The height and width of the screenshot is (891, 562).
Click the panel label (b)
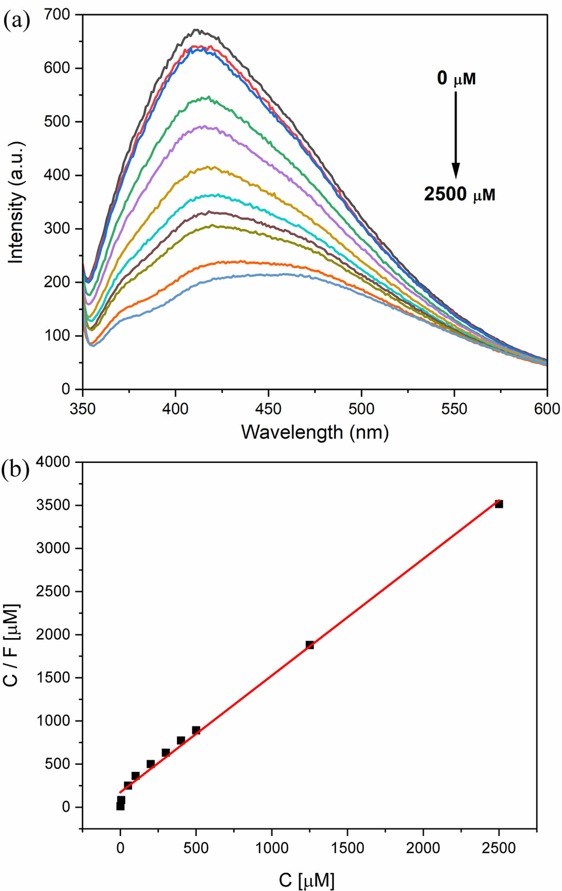coord(15,470)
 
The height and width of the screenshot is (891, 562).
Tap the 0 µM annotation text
coord(456,79)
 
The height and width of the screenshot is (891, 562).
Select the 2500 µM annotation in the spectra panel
coord(459,194)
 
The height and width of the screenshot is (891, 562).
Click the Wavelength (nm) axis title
coord(315,432)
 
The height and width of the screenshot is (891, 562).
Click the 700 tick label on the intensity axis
coord(57,15)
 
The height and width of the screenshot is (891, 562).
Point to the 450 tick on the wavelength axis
coord(268,408)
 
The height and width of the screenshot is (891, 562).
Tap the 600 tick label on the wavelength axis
coord(546,408)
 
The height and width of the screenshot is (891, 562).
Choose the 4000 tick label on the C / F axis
coord(53,462)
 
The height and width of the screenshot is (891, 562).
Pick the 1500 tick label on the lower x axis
coord(347,848)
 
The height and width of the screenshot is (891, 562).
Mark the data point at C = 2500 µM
coord(499,504)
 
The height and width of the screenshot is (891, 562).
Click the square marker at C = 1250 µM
coord(310,645)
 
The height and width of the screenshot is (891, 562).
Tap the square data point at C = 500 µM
coord(196,730)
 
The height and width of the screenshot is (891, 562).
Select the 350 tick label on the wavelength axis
coord(83,408)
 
